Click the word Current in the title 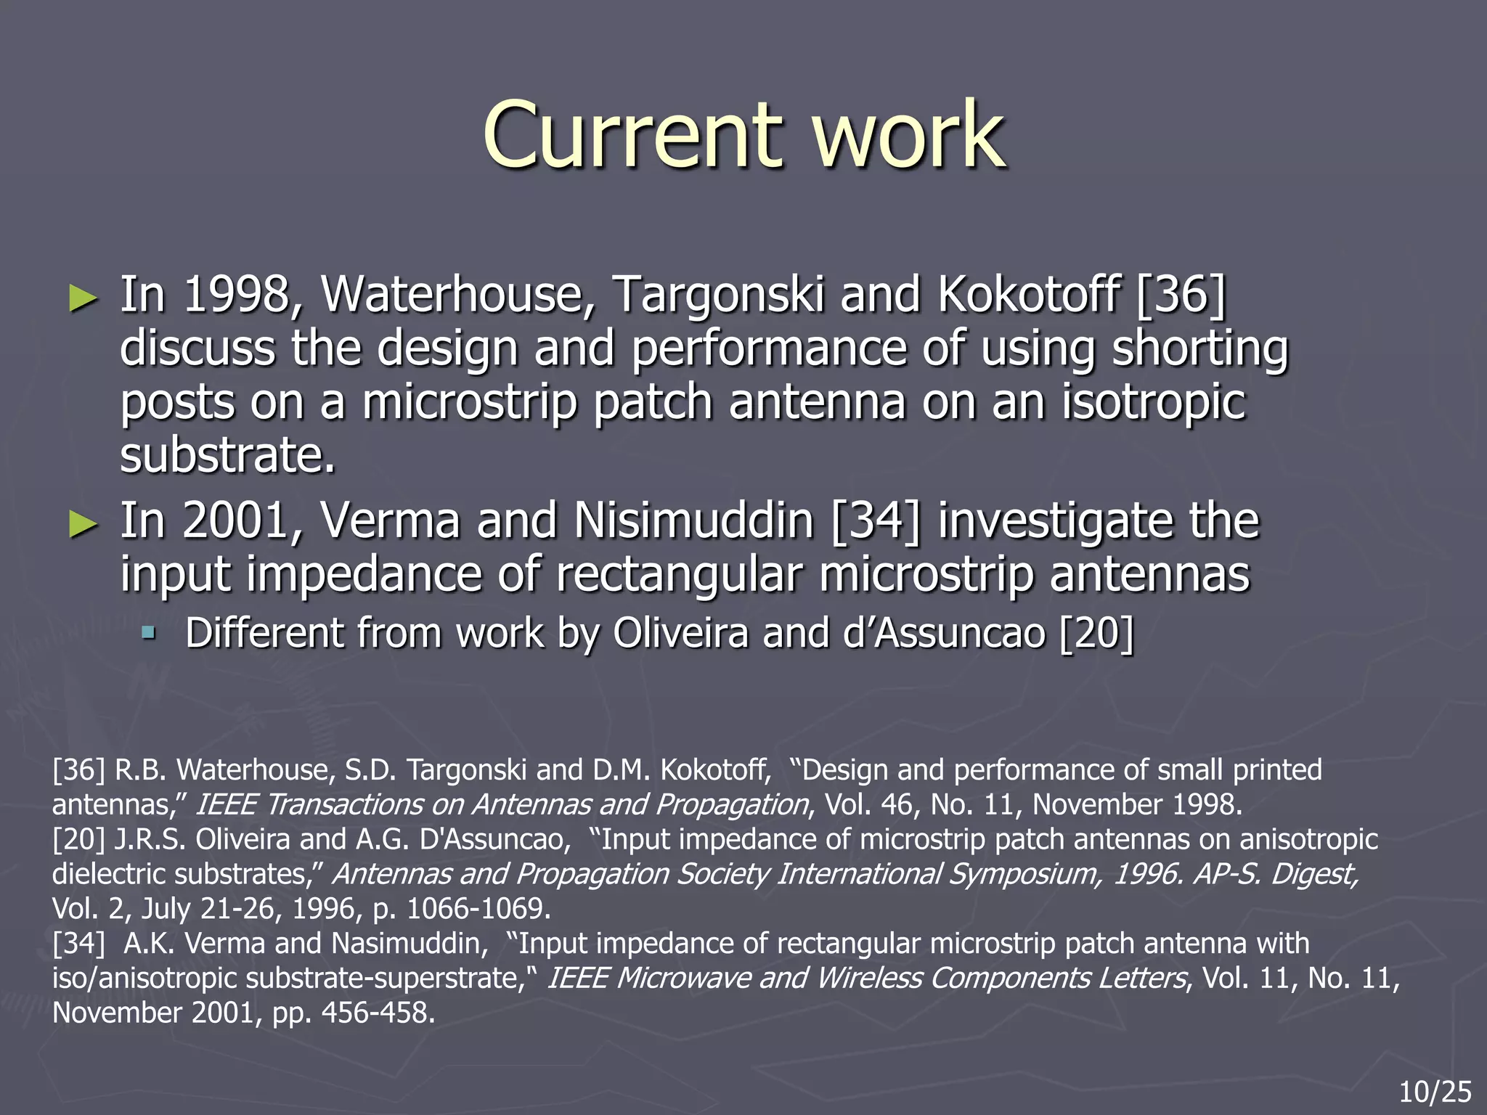click(x=632, y=134)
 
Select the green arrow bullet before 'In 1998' click(x=83, y=298)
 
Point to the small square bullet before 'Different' click(x=149, y=633)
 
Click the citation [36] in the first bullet click(x=1180, y=295)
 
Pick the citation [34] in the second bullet click(x=874, y=521)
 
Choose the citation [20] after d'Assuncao click(x=1096, y=633)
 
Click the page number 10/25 click(x=1435, y=1092)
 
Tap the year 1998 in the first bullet click(x=237, y=295)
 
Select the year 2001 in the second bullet click(x=237, y=521)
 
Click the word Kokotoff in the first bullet click(x=1028, y=295)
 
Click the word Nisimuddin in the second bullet click(x=693, y=521)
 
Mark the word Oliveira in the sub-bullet click(x=680, y=633)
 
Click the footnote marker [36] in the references click(x=79, y=769)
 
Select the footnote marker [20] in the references click(x=79, y=839)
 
